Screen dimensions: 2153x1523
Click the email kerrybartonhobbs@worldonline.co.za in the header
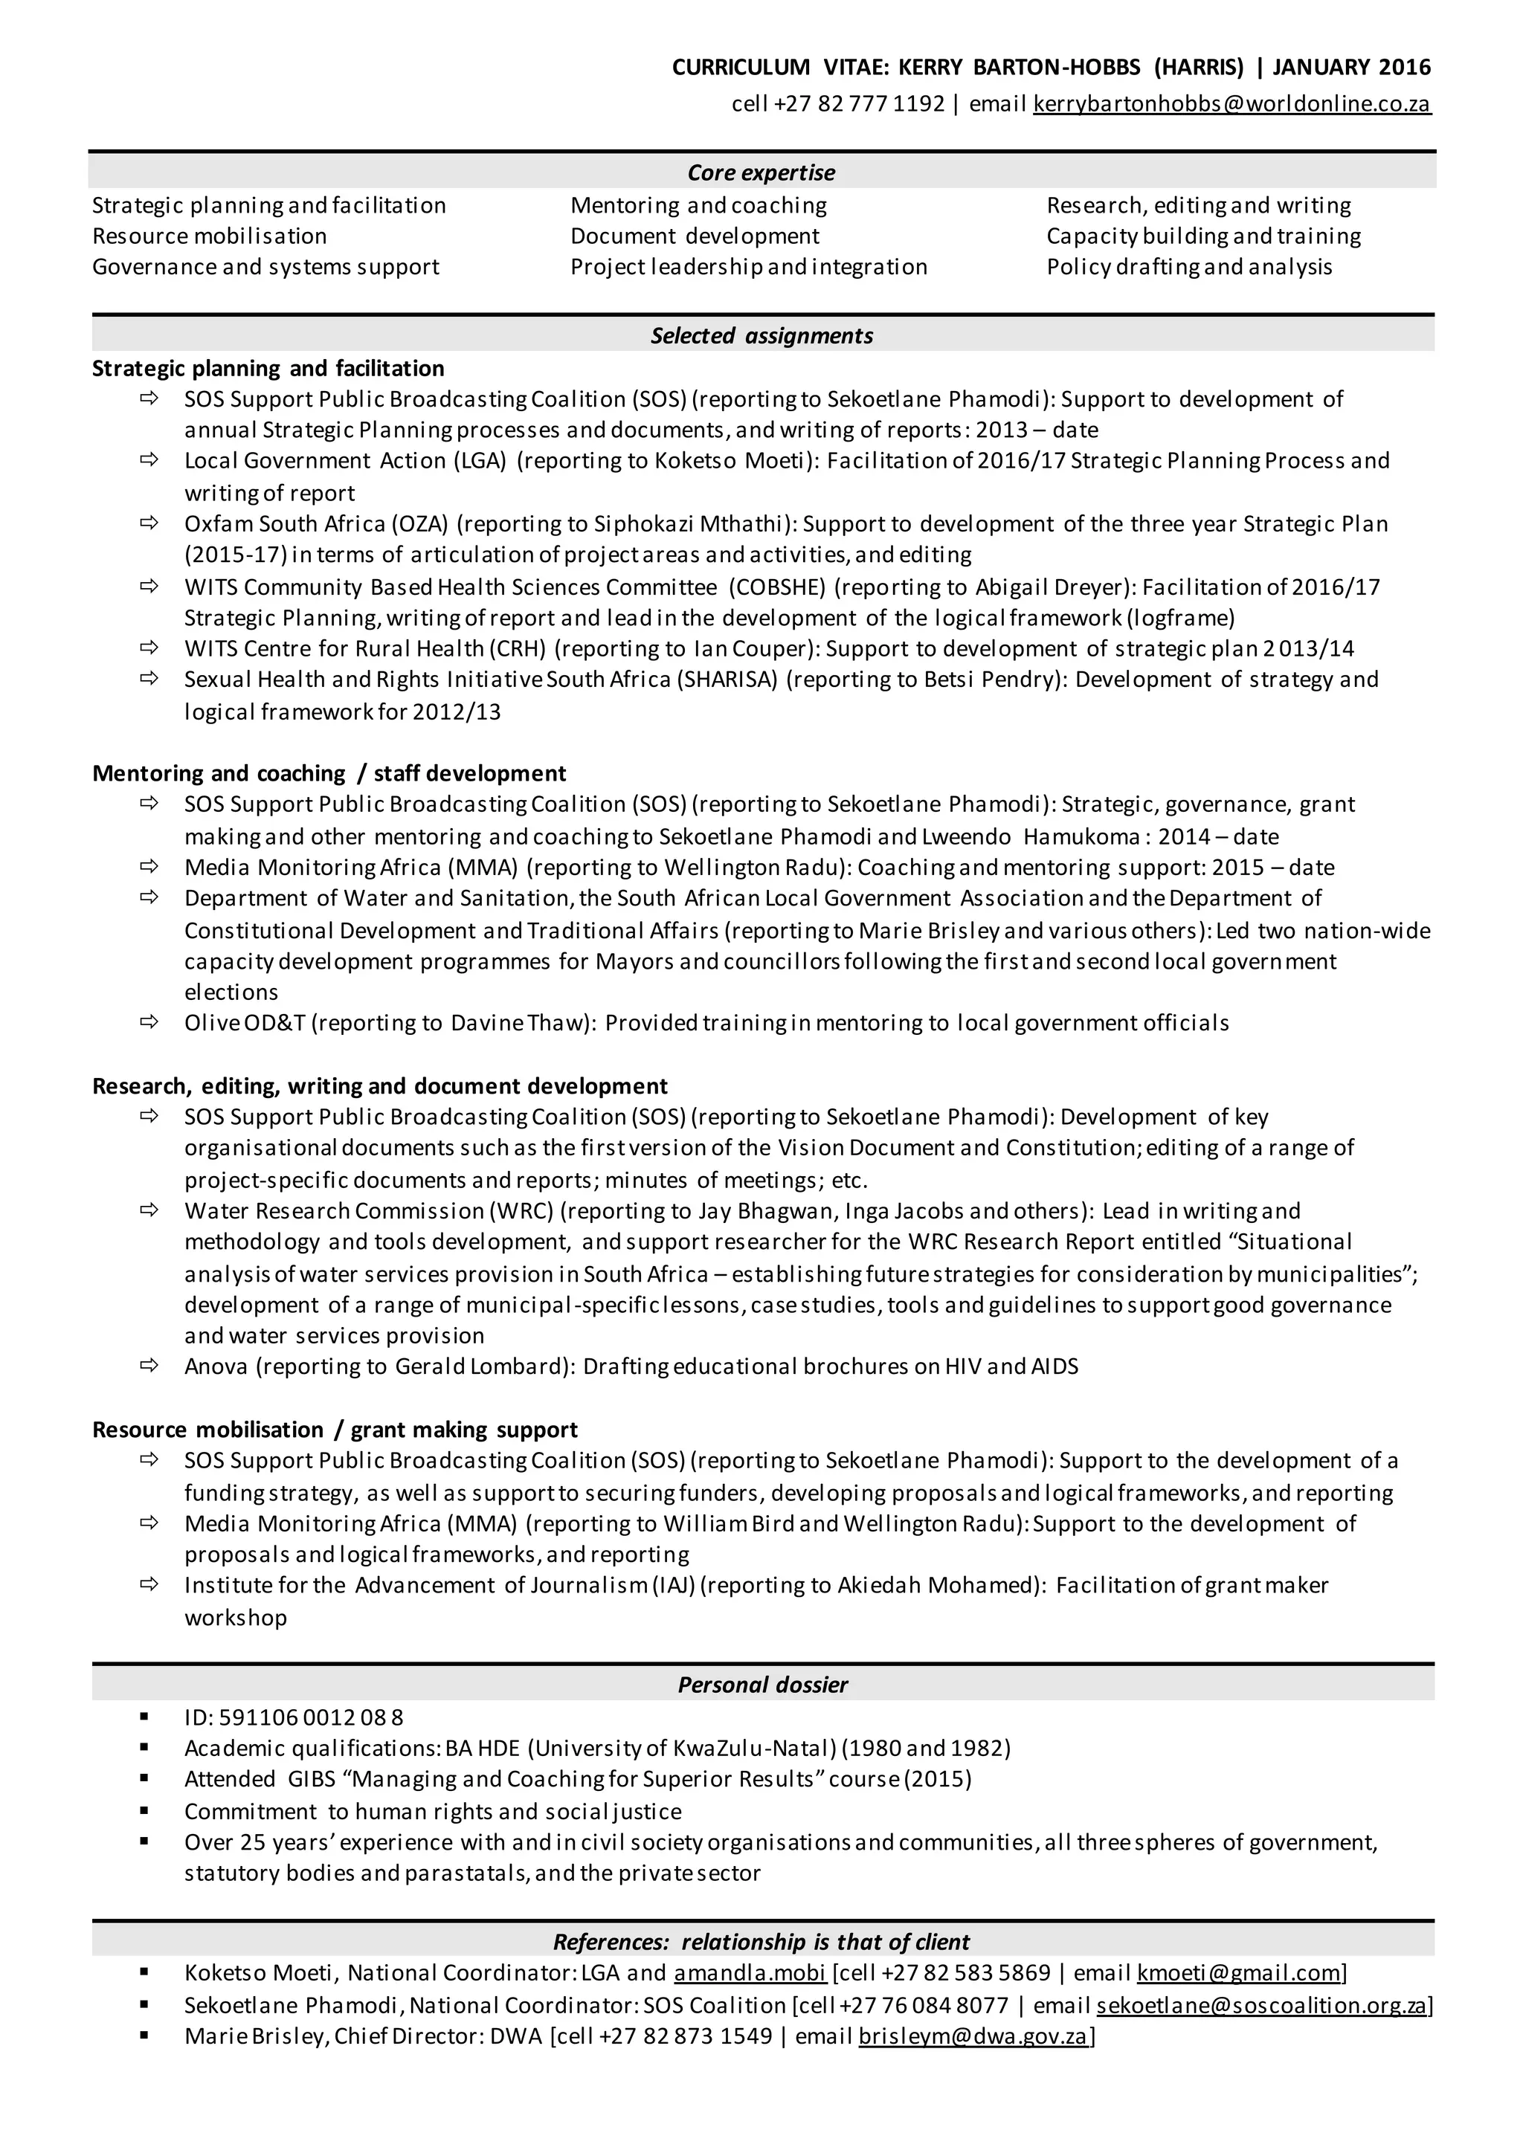(1231, 104)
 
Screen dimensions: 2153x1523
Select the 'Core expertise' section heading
(761, 172)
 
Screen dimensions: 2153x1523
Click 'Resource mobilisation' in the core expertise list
(209, 236)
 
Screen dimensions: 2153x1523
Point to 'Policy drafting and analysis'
(1188, 267)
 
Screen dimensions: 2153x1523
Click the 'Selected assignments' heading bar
(761, 336)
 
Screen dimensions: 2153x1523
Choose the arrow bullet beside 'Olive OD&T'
(149, 1021)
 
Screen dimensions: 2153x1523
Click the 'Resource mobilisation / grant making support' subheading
(334, 1430)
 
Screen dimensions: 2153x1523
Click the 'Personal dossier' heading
(761, 1685)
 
